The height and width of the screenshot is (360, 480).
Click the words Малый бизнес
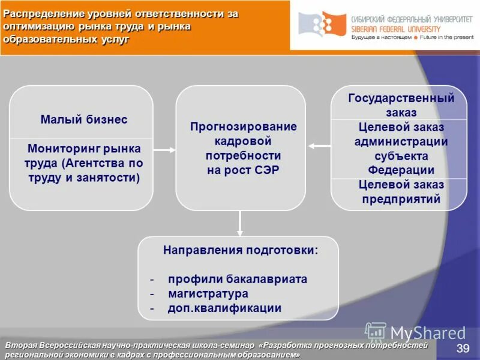pyautogui.click(x=84, y=119)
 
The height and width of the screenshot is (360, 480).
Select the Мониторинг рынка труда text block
pyautogui.click(x=84, y=163)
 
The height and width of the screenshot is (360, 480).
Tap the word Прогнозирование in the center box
pyautogui.click(x=243, y=127)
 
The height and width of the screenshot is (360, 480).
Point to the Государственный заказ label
pyautogui.click(x=401, y=105)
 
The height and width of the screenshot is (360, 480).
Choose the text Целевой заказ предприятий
pyautogui.click(x=401, y=191)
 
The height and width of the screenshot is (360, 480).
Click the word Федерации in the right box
pyautogui.click(x=401, y=170)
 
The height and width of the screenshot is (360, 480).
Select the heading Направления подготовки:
pyautogui.click(x=241, y=250)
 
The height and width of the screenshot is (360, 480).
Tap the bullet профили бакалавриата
pyautogui.click(x=238, y=279)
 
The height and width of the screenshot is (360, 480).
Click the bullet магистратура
pyautogui.click(x=208, y=294)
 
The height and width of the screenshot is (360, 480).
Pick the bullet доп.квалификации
pyautogui.click(x=224, y=308)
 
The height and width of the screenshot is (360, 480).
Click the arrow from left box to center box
pyautogui.click(x=164, y=148)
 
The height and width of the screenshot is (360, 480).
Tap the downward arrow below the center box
pyautogui.click(x=240, y=223)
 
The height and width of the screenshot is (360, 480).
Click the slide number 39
pyautogui.click(x=463, y=349)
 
